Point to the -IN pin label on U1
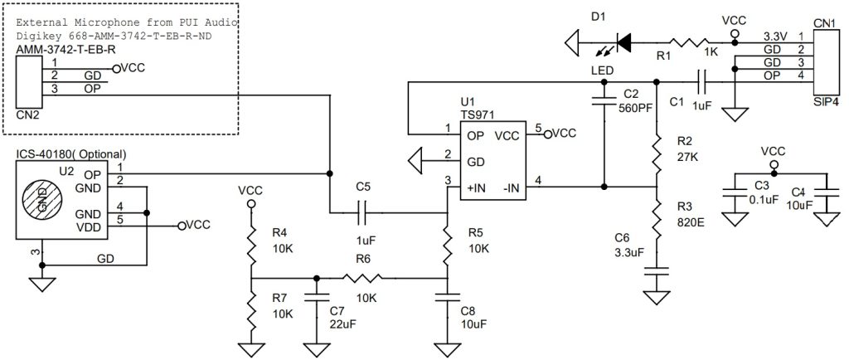point(511,187)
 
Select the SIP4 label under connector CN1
point(824,101)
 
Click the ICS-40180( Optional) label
point(71,154)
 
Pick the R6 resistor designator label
point(362,260)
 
